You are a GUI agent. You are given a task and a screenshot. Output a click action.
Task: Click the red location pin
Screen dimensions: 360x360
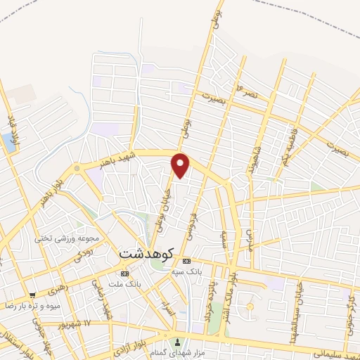tap(181, 164)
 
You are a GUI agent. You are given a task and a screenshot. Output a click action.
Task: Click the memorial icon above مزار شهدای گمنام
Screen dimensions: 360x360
tap(178, 342)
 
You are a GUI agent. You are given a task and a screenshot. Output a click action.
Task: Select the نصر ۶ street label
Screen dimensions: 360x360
tap(248, 92)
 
